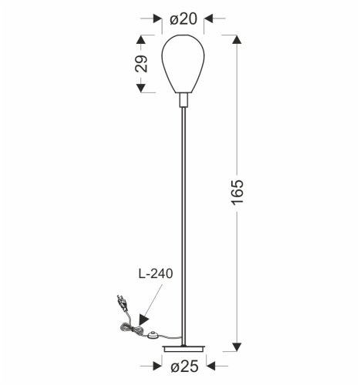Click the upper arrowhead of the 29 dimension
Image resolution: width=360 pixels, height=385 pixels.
(142, 40)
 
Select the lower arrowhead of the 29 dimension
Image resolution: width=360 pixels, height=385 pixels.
(142, 88)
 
